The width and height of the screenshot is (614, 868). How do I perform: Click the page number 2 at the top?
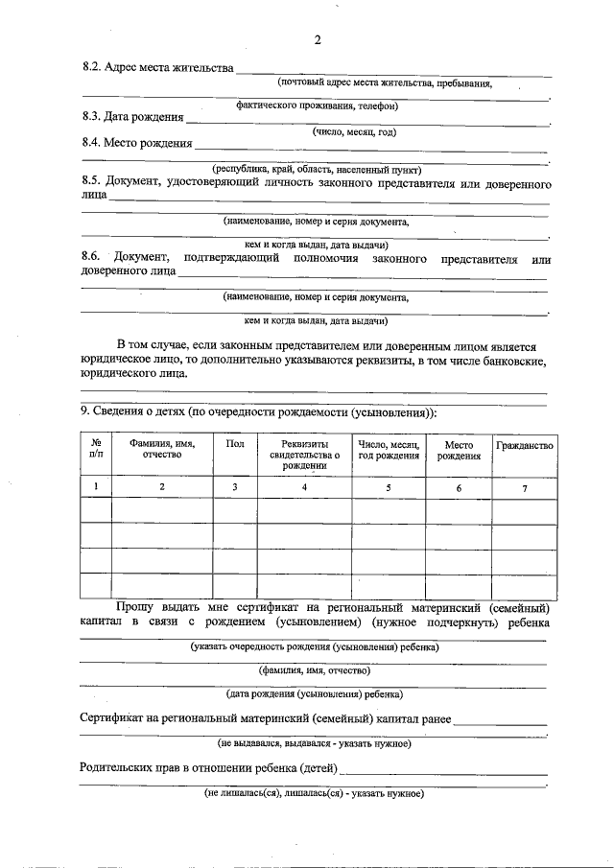click(316, 39)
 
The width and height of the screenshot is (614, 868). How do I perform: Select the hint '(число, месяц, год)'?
click(355, 131)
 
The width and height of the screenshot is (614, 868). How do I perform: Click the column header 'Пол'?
click(234, 444)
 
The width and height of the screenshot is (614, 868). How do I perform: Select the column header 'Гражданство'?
click(524, 445)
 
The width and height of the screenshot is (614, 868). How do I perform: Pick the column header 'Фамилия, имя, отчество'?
click(162, 450)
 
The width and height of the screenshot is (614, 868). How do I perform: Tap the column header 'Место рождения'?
click(459, 450)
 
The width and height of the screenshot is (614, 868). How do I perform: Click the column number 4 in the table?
click(305, 488)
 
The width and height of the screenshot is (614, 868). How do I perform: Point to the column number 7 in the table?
click(524, 489)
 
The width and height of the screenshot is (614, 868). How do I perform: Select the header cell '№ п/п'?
click(96, 449)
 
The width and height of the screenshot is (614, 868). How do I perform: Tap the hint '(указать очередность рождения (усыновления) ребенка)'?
click(315, 647)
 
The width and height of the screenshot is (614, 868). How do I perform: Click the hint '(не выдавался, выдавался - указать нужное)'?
click(315, 743)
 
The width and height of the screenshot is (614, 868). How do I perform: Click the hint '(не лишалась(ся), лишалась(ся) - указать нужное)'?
click(315, 794)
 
